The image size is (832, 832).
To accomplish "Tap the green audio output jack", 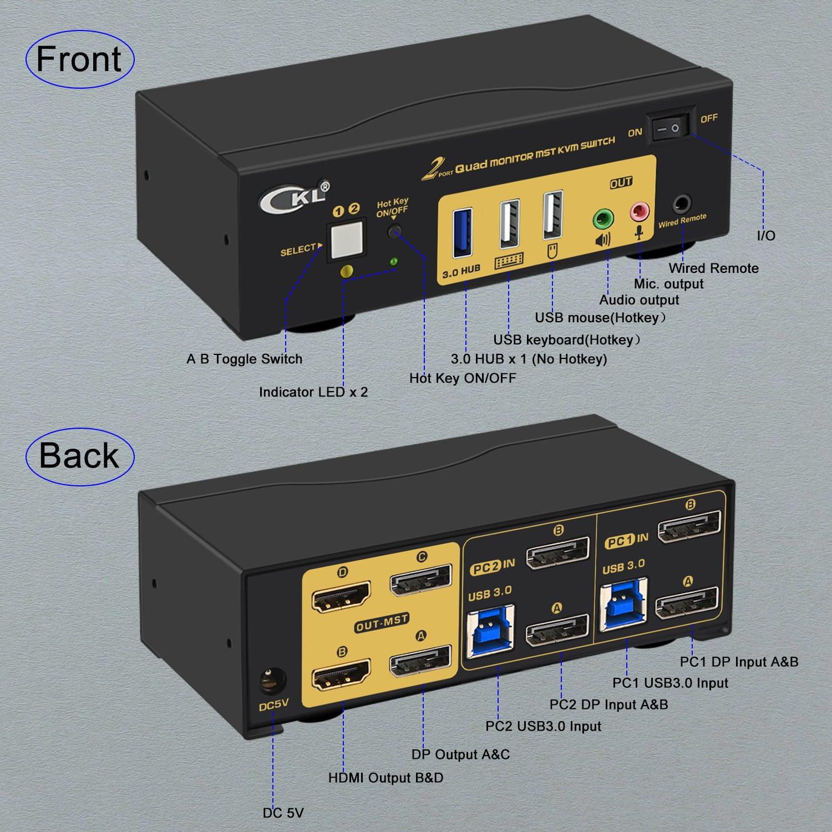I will coord(603,219).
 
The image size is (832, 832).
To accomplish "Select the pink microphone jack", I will coord(638,211).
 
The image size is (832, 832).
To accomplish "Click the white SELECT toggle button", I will coord(346,240).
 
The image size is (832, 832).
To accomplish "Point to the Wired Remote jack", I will coord(682,204).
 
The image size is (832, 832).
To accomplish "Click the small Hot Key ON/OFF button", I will coord(394,231).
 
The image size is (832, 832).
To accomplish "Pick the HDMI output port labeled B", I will coord(341,676).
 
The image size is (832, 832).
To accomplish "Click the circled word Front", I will coord(79,59).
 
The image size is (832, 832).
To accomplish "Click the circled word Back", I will coord(79,456).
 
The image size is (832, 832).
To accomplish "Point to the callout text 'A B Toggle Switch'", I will coord(244,359).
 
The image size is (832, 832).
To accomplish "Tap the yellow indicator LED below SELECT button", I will coord(347,271).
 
